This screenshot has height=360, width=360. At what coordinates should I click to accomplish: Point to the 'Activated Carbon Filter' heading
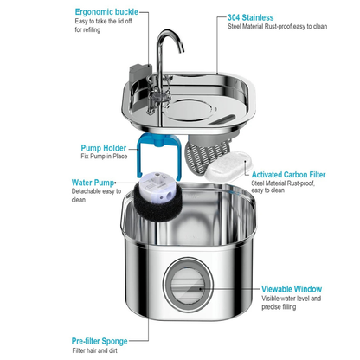[298, 173]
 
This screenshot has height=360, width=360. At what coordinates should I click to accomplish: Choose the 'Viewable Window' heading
[292, 289]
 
